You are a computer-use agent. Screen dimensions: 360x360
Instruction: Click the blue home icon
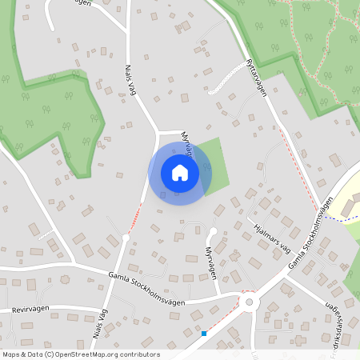[180, 172]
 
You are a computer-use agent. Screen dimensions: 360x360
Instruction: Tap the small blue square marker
[204, 333]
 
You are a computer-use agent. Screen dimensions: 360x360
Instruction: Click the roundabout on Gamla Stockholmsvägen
[249, 302]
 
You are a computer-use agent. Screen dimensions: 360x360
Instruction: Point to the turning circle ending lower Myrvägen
[213, 232]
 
